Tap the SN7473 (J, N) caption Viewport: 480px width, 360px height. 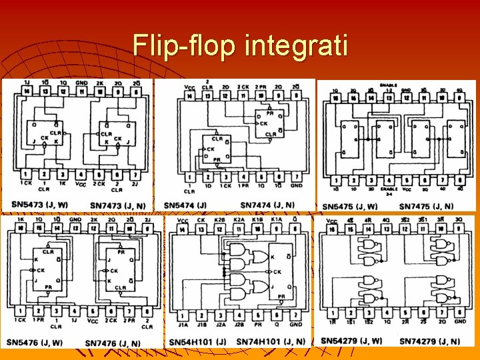[116, 204]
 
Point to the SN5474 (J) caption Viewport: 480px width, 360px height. [185, 205]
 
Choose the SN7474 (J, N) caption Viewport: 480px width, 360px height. [267, 205]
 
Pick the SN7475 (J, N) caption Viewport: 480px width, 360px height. [427, 206]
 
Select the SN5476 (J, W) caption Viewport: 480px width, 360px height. [35, 343]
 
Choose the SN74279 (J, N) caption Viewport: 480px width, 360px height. [429, 341]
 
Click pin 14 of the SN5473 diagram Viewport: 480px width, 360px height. [27, 91]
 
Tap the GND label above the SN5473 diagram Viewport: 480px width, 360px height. [81, 83]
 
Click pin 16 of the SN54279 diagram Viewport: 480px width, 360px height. [332, 229]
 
